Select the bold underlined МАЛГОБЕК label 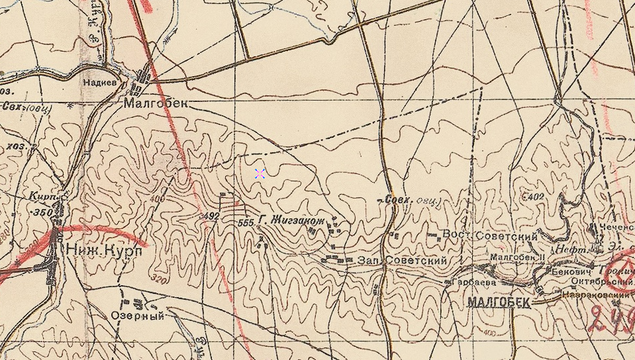(x=499, y=302)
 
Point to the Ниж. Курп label (x=103, y=251)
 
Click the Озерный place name (x=140, y=316)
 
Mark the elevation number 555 (x=246, y=223)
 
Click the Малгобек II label (x=516, y=257)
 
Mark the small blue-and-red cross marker (x=260, y=173)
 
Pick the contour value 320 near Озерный (x=158, y=279)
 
